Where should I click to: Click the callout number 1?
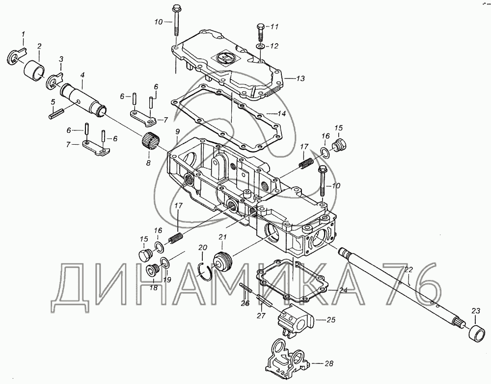[23, 33]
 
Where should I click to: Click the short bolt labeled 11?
[259, 33]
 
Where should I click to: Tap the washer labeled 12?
[260, 47]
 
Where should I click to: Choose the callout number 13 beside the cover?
[300, 78]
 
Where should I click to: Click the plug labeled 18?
[153, 271]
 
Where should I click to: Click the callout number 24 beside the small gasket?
[343, 290]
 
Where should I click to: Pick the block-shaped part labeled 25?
[294, 320]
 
